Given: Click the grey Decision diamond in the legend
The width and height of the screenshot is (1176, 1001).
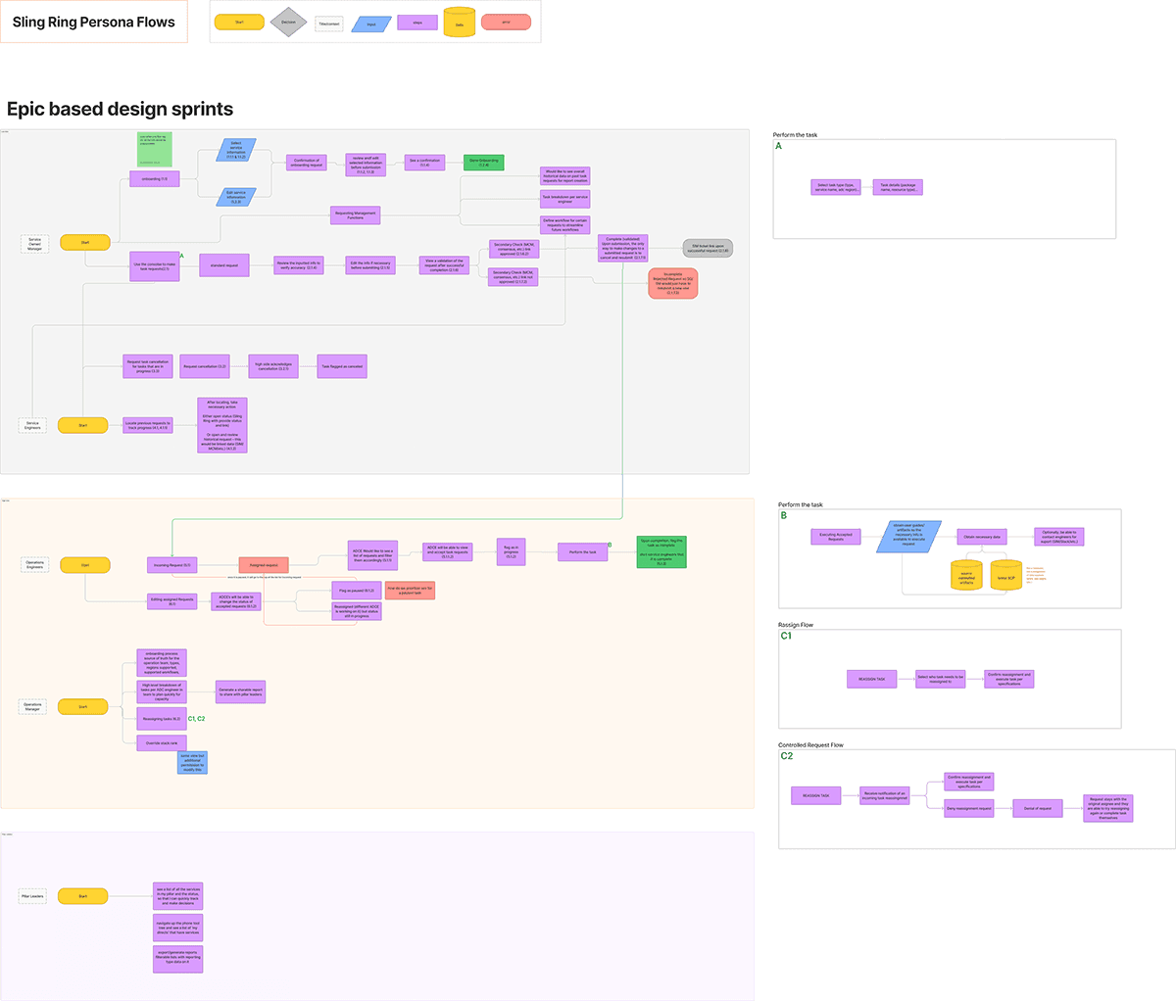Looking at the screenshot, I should (x=288, y=22).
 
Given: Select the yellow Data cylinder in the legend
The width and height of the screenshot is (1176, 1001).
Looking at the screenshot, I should (x=459, y=23).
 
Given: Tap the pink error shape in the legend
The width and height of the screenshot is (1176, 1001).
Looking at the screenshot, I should (x=506, y=22).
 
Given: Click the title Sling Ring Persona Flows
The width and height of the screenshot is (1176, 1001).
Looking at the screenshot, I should (x=94, y=22).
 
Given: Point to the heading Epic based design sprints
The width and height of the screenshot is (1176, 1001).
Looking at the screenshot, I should (x=121, y=109).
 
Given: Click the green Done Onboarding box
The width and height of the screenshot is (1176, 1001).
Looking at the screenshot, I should (x=483, y=162).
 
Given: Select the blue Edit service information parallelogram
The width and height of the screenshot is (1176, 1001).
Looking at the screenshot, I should (x=236, y=198).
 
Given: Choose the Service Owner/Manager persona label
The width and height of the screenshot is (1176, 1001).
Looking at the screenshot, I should (x=34, y=244).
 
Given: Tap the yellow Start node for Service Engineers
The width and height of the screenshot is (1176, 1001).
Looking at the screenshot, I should (x=83, y=425).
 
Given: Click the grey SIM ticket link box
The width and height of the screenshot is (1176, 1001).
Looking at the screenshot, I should (x=708, y=249).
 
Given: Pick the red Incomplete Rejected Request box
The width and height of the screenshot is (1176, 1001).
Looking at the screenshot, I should (x=672, y=283).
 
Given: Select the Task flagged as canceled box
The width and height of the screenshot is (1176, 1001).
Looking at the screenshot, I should (x=342, y=366).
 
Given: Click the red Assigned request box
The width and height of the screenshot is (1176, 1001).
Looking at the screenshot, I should (x=264, y=565).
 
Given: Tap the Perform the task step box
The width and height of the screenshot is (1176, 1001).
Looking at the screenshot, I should (x=582, y=552).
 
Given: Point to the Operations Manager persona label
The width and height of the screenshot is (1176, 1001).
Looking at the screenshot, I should (x=33, y=706).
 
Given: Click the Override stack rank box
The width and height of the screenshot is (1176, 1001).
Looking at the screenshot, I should (x=161, y=743).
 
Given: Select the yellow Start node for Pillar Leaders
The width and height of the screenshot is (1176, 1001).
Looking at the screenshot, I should (x=83, y=896).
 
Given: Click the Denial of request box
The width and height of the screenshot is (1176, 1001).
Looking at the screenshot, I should (x=1037, y=808).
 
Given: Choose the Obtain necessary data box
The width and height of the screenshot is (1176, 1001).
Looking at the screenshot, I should (x=982, y=537).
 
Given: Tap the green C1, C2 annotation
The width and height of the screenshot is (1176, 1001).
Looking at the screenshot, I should (x=196, y=719).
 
